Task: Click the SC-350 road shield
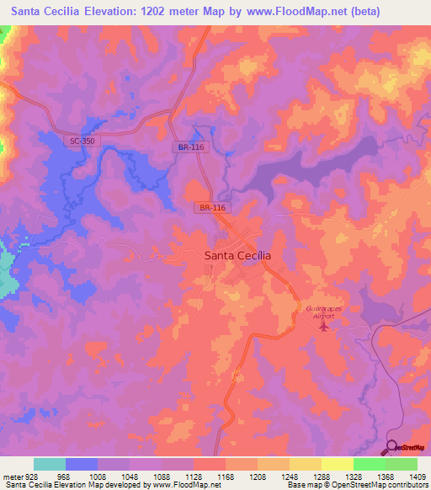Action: coord(82,141)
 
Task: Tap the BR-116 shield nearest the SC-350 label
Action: coord(191,146)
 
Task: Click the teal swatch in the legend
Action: coord(50,464)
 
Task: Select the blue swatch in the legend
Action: coord(82,464)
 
